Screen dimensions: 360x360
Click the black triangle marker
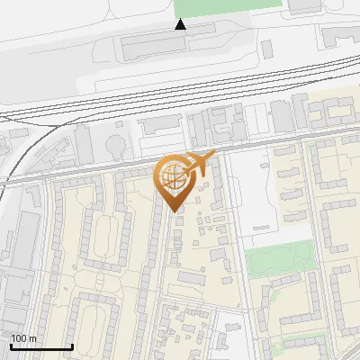181,24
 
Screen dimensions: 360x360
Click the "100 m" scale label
23,338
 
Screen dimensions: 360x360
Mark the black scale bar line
41,346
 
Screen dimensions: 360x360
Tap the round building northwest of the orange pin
116,145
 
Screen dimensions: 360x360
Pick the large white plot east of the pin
256,193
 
